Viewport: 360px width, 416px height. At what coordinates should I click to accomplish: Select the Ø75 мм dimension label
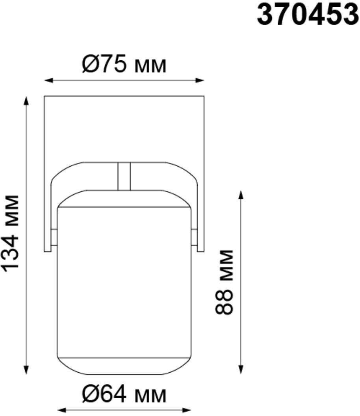[124, 65]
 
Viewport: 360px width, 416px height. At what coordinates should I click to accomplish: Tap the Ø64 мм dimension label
[124, 395]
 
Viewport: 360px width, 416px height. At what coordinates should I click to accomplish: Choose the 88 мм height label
[225, 282]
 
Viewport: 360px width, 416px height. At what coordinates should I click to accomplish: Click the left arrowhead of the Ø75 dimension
[48, 80]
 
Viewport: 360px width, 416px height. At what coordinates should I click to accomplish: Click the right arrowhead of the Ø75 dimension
[200, 80]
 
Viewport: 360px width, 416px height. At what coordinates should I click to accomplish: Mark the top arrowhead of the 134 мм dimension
[26, 101]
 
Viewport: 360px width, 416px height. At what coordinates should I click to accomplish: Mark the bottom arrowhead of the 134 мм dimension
[26, 370]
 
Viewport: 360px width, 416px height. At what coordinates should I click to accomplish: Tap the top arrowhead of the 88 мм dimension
[241, 195]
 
